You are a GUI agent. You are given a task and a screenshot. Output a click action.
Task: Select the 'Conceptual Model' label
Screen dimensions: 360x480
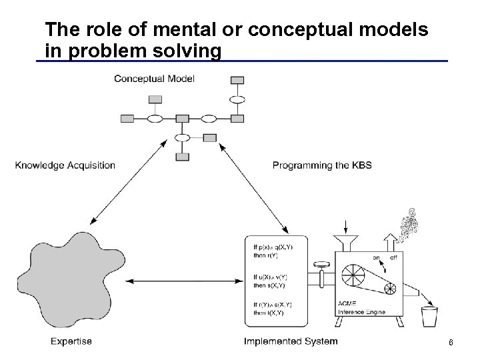(x=154, y=79)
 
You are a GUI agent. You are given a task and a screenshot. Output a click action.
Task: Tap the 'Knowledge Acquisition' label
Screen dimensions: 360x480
(x=65, y=165)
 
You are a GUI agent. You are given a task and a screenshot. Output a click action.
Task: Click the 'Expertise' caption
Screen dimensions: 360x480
(x=71, y=341)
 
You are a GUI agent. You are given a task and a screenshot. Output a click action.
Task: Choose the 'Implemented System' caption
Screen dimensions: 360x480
(x=290, y=341)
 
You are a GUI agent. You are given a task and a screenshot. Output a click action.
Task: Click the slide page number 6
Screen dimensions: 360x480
(x=451, y=343)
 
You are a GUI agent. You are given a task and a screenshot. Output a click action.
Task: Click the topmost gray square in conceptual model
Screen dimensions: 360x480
(x=237, y=81)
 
